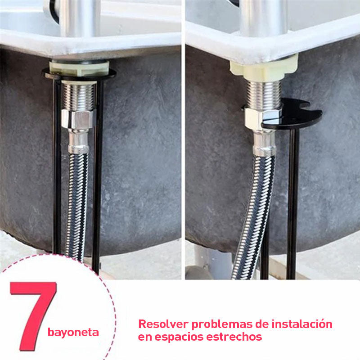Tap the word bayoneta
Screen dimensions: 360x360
coord(73,333)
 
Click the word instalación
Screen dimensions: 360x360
coord(302,324)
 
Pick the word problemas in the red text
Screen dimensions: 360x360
coord(222,324)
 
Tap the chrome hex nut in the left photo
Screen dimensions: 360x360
coord(78,119)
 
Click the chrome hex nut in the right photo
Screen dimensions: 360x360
coord(260,118)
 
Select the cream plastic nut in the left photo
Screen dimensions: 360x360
coord(79,68)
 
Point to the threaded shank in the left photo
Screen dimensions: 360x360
coord(79,96)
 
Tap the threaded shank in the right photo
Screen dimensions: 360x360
coord(264,94)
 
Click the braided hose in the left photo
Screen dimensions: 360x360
coord(76,207)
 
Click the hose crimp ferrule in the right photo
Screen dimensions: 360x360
coord(264,144)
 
